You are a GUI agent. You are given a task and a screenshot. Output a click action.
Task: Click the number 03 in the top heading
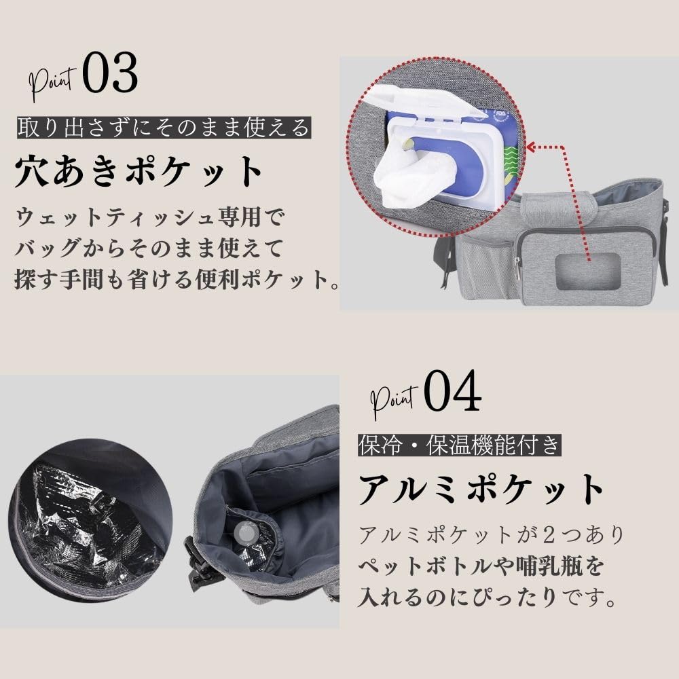coord(110,72)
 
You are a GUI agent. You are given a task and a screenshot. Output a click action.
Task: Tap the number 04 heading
coord(452,390)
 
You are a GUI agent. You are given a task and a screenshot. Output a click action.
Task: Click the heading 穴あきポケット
coord(139,172)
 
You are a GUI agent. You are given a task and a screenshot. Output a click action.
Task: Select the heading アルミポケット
coord(481,489)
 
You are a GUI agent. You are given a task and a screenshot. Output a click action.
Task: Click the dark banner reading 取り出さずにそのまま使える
coord(164,128)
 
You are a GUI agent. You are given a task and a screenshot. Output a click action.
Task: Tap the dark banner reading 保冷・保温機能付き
coord(460,445)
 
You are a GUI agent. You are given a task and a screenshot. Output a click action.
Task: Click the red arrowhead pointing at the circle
coord(532,147)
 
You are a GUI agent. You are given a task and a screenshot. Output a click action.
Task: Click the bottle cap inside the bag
coord(244,532)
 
